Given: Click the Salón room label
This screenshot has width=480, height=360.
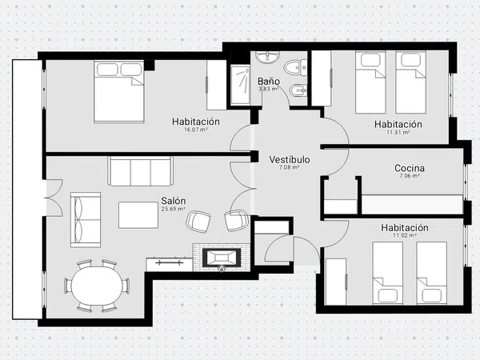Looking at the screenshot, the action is [x=174, y=201].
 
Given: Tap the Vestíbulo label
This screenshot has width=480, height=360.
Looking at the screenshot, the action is [x=290, y=159].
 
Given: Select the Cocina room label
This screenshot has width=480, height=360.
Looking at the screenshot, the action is [x=410, y=168].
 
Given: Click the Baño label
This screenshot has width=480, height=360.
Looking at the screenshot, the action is [x=269, y=82].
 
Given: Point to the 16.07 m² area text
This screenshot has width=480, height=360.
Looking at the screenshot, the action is [x=196, y=130].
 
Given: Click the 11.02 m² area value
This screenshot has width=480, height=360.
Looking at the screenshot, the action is [x=404, y=235].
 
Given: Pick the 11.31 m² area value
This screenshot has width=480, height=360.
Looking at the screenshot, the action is [x=398, y=132].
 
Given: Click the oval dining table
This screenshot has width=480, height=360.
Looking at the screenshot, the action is [x=97, y=286].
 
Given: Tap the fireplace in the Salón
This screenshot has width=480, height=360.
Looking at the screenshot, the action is [x=222, y=257].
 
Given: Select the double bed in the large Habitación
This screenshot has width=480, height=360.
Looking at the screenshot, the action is [x=118, y=91].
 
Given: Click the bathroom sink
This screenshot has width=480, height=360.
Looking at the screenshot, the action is [x=268, y=58].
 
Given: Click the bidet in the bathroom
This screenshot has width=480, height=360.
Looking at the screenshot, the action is [x=298, y=90].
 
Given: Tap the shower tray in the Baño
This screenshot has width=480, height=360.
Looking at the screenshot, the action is [x=241, y=85].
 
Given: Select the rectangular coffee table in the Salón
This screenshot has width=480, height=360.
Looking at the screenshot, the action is [x=138, y=214].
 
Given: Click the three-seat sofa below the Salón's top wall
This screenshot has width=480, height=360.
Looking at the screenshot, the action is [x=140, y=171].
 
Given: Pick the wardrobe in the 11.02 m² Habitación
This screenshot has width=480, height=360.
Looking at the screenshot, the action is [x=336, y=282].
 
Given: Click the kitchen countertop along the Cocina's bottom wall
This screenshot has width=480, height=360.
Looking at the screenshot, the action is [x=412, y=204].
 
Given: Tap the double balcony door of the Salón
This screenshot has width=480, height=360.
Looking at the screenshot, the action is [x=54, y=198].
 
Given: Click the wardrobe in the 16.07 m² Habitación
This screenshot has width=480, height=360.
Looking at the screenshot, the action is [x=217, y=85].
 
